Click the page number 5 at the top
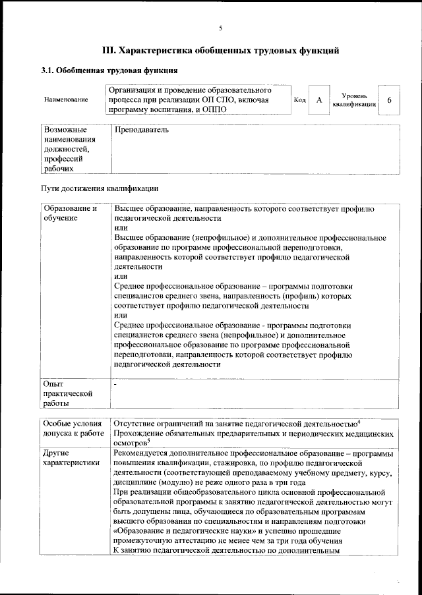pos(220,27)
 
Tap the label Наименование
pos(65,99)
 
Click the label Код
pos(299,99)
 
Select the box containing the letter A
pos(319,99)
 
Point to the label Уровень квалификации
pos(354,99)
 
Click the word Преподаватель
pos(141,130)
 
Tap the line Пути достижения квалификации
pos(95,190)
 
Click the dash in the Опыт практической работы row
pos(115,383)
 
